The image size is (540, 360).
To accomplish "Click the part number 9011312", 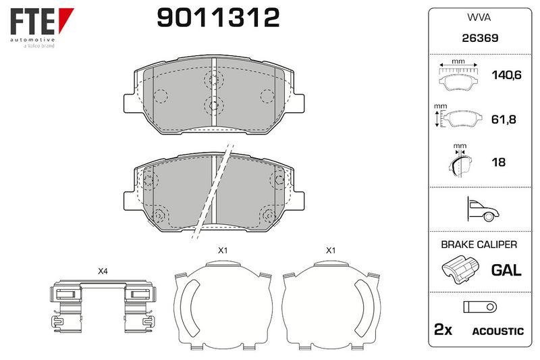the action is coord(218,18).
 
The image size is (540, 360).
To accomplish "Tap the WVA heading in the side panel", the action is coord(479,18).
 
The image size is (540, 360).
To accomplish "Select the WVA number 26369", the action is coord(480,38).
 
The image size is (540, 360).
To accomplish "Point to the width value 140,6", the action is coord(506,75).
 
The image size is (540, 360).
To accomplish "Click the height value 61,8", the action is coord(503,119).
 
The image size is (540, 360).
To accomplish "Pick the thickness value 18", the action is coord(498,162).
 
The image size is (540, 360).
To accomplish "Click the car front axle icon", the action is coord(483,209).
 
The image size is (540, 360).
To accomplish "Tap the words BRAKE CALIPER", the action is coord(479,245).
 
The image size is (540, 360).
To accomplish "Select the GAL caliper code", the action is coord(506,270).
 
